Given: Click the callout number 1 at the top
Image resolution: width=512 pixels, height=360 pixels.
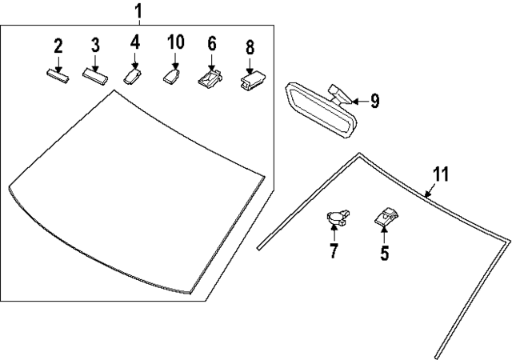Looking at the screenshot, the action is [139, 11].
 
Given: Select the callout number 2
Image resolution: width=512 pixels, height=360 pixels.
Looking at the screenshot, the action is [58, 46].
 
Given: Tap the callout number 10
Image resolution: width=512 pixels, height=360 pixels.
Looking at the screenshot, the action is [176, 42].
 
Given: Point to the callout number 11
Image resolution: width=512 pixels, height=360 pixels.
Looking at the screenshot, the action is [441, 174].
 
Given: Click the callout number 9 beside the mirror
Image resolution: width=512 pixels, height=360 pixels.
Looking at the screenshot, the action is [375, 101].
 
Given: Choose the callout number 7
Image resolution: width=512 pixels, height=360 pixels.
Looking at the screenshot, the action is [334, 250].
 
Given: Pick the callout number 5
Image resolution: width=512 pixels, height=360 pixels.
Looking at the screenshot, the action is [385, 253].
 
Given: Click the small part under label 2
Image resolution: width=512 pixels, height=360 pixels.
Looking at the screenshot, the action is [58, 76].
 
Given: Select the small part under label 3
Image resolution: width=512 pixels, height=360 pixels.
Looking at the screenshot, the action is [95, 77].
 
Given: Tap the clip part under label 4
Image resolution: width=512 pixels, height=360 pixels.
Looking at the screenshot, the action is [132, 77].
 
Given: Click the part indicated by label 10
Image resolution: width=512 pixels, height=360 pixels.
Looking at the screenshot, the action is [171, 77].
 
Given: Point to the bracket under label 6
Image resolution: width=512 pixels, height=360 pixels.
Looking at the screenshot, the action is [210, 78].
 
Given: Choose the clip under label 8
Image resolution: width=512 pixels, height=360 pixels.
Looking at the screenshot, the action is [253, 81].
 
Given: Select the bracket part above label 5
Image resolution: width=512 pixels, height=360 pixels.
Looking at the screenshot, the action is [387, 217].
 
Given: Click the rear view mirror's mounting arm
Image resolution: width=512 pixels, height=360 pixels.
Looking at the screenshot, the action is [339, 94].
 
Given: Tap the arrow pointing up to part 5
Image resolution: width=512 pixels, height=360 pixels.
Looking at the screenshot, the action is [384, 235].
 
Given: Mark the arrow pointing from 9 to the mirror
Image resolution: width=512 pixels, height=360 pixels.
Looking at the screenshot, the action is [361, 102].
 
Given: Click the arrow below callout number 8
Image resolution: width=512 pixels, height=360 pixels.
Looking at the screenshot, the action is [250, 66].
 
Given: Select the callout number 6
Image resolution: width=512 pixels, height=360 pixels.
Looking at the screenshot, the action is [212, 44].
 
